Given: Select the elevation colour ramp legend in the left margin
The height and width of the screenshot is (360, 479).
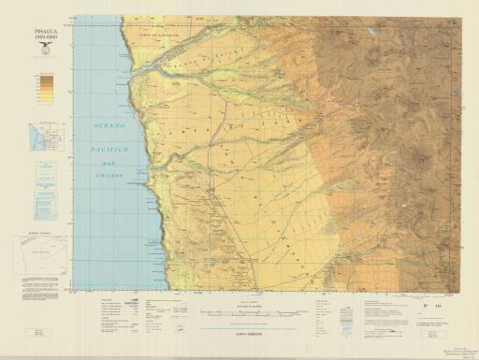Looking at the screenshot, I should coord(44,86).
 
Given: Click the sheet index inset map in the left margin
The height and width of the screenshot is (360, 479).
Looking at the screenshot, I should coord(44,137).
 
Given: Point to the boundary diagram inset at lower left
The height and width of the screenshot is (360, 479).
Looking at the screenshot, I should coord(39,252).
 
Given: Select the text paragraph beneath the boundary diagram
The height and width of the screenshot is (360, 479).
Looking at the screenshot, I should coord(37,279).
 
